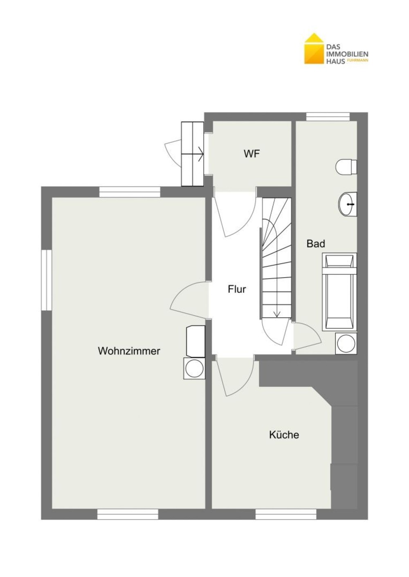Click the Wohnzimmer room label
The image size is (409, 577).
129,351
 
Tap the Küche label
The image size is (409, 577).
284,434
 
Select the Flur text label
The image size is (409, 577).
237,289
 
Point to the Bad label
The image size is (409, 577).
316,243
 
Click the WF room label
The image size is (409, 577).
252,154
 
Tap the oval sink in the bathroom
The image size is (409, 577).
347,204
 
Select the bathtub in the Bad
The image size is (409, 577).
339,292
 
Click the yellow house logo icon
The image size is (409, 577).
314,49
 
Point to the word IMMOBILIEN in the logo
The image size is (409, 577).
347,54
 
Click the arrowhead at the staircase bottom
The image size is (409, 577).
277,314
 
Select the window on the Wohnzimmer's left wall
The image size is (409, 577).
47,280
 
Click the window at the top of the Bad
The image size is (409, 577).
328,117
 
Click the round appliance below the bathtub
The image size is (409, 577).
346,343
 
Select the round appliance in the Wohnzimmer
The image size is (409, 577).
194,368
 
